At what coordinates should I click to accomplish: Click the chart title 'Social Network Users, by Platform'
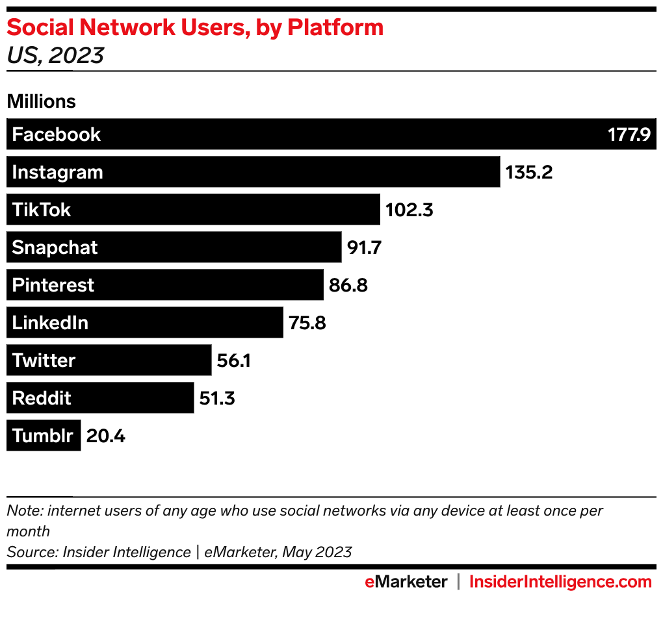[x=195, y=28]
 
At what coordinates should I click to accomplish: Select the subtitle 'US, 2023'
[x=55, y=55]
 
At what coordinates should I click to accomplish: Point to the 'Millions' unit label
[x=41, y=101]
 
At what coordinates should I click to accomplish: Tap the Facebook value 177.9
[x=629, y=134]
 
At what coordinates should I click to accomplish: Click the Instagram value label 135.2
[x=528, y=172]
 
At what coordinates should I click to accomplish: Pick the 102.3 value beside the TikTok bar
[x=409, y=210]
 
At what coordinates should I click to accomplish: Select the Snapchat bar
[x=174, y=247]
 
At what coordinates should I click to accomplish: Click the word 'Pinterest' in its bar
[x=53, y=285]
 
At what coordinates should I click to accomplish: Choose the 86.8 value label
[x=348, y=285]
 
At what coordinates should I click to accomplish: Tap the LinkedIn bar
[x=145, y=323]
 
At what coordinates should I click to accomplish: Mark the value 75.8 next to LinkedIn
[x=307, y=323]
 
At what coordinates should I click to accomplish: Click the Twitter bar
[x=109, y=360]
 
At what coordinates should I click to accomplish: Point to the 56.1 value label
[x=233, y=360]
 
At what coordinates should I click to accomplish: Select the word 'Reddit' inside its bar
[x=42, y=398]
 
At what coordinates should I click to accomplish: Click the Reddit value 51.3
[x=217, y=398]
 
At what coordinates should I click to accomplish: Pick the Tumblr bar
[x=44, y=436]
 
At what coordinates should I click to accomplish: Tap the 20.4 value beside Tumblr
[x=105, y=436]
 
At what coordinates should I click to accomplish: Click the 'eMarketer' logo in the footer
[x=406, y=582]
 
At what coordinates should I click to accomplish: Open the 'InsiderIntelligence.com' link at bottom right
[x=560, y=582]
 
